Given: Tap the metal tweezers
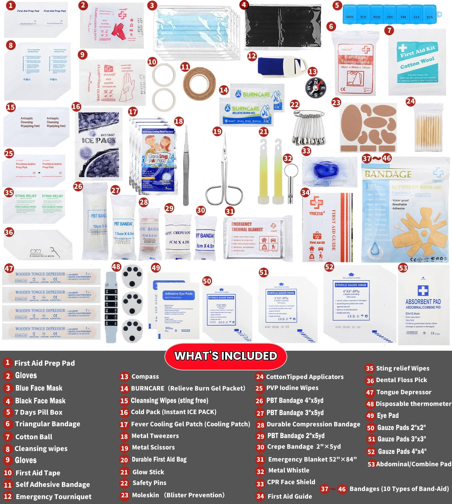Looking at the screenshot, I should (x=186, y=167).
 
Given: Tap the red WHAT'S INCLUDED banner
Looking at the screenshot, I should (x=225, y=356).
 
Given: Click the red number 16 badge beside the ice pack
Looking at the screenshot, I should (x=76, y=107).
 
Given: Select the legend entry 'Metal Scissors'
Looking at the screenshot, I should (x=153, y=447).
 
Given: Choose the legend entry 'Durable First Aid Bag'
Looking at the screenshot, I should (x=159, y=460).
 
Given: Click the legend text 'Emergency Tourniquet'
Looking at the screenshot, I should (x=53, y=497).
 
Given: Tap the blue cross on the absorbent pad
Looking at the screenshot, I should (x=423, y=290).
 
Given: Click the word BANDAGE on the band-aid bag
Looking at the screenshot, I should (x=388, y=174).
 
